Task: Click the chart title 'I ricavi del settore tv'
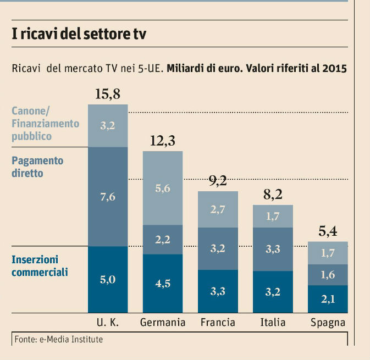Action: [79, 34]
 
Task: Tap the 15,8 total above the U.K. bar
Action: [107, 94]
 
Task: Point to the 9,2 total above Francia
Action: [218, 181]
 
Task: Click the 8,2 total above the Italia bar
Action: [273, 195]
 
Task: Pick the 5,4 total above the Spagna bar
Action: [328, 232]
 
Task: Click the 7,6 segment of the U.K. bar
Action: [108, 197]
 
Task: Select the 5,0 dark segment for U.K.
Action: [108, 280]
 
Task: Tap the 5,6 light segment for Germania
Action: [163, 188]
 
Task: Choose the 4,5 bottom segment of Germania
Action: [163, 284]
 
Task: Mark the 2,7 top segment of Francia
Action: [218, 209]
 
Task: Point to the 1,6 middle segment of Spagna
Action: [328, 275]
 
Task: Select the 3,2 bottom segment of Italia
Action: [273, 291]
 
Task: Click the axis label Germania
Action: [163, 322]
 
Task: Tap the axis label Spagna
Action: [328, 322]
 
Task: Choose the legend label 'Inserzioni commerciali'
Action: [40, 265]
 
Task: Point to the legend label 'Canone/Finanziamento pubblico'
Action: [46, 123]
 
